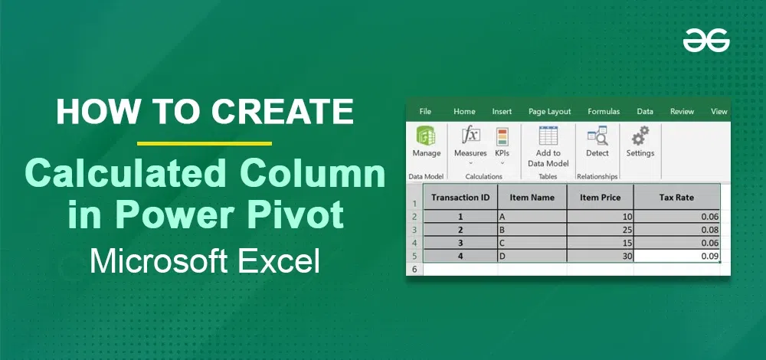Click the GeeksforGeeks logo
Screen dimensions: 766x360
(706, 40)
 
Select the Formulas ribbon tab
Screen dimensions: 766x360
(604, 111)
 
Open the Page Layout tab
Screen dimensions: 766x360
(549, 111)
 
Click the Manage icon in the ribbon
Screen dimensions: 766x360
(426, 136)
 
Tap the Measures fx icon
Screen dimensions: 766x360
(471, 135)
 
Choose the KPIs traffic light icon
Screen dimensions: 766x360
(502, 137)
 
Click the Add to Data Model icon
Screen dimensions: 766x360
(548, 136)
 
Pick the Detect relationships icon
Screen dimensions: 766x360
(597, 136)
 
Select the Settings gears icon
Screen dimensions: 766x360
(640, 136)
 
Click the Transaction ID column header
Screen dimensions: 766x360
(460, 198)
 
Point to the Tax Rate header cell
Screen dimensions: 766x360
(676, 198)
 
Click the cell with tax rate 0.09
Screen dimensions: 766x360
(676, 256)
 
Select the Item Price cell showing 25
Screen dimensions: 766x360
(601, 230)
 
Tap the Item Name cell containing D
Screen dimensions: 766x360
(532, 256)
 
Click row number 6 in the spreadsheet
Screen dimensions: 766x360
(414, 269)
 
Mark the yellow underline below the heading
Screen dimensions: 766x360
(205, 143)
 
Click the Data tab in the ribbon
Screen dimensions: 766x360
(645, 111)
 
